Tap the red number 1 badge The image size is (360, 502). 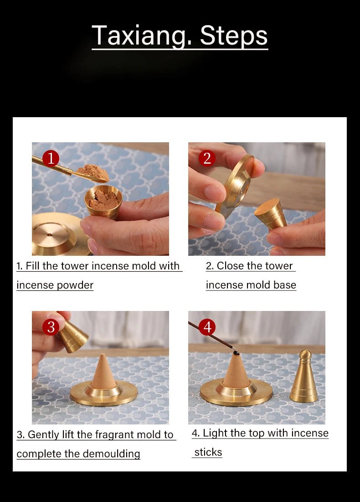51,158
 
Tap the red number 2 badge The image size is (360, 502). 207,158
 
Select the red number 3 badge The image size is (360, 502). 51,327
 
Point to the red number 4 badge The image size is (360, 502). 207,327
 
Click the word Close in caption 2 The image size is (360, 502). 229,266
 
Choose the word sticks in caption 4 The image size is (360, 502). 208,452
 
